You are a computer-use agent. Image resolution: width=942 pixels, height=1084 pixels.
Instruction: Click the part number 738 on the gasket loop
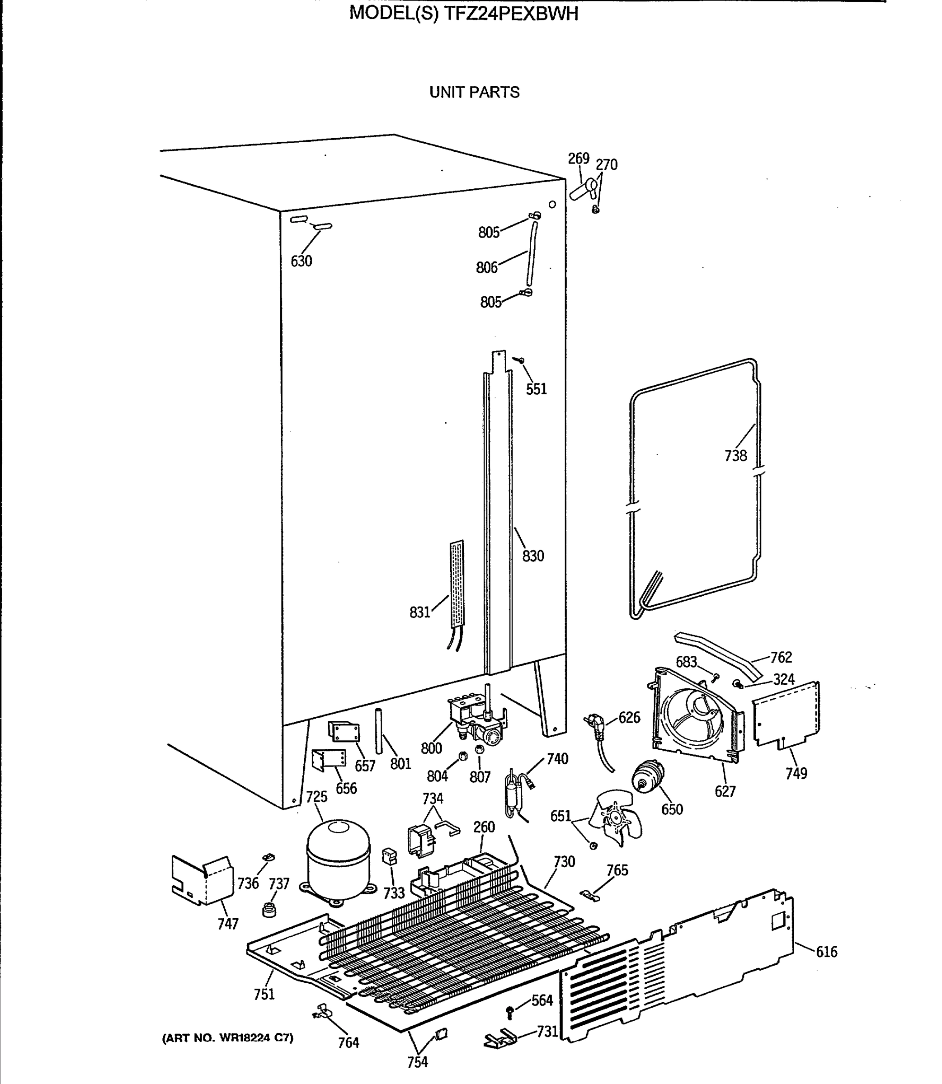tap(735, 455)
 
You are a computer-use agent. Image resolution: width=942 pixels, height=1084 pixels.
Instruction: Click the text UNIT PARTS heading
tap(474, 93)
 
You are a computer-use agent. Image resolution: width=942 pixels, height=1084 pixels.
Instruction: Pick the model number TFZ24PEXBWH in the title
tap(511, 14)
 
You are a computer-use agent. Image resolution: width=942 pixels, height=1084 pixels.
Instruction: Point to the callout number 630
tap(301, 261)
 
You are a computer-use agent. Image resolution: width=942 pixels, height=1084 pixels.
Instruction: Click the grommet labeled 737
tap(269, 909)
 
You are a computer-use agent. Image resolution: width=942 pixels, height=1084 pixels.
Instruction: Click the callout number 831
tap(419, 612)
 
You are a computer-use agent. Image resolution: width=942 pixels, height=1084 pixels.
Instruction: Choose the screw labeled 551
tap(520, 360)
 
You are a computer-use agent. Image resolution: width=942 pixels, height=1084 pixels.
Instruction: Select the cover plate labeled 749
tap(786, 714)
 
